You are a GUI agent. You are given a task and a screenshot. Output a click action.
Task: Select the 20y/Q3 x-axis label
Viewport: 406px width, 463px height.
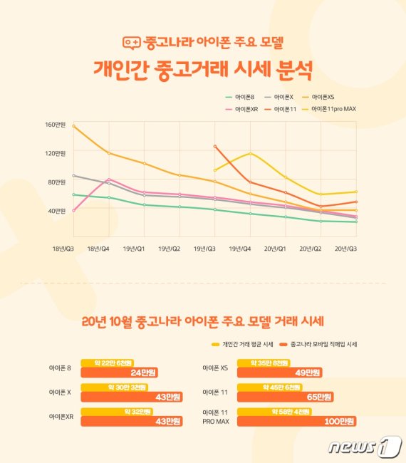pos(346,249)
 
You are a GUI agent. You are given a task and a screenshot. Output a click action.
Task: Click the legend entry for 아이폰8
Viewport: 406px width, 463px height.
pos(241,97)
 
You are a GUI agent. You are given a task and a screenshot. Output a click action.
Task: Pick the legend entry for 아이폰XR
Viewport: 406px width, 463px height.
pos(241,109)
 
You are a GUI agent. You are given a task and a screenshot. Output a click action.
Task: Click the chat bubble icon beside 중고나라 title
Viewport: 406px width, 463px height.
pos(132,43)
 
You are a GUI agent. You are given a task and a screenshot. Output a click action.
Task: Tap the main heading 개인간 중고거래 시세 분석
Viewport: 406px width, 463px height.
pos(202,70)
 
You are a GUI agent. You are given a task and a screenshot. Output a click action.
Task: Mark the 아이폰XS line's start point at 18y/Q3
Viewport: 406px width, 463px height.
pos(74,125)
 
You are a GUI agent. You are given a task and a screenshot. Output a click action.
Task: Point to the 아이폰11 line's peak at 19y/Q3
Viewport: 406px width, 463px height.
pos(215,146)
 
